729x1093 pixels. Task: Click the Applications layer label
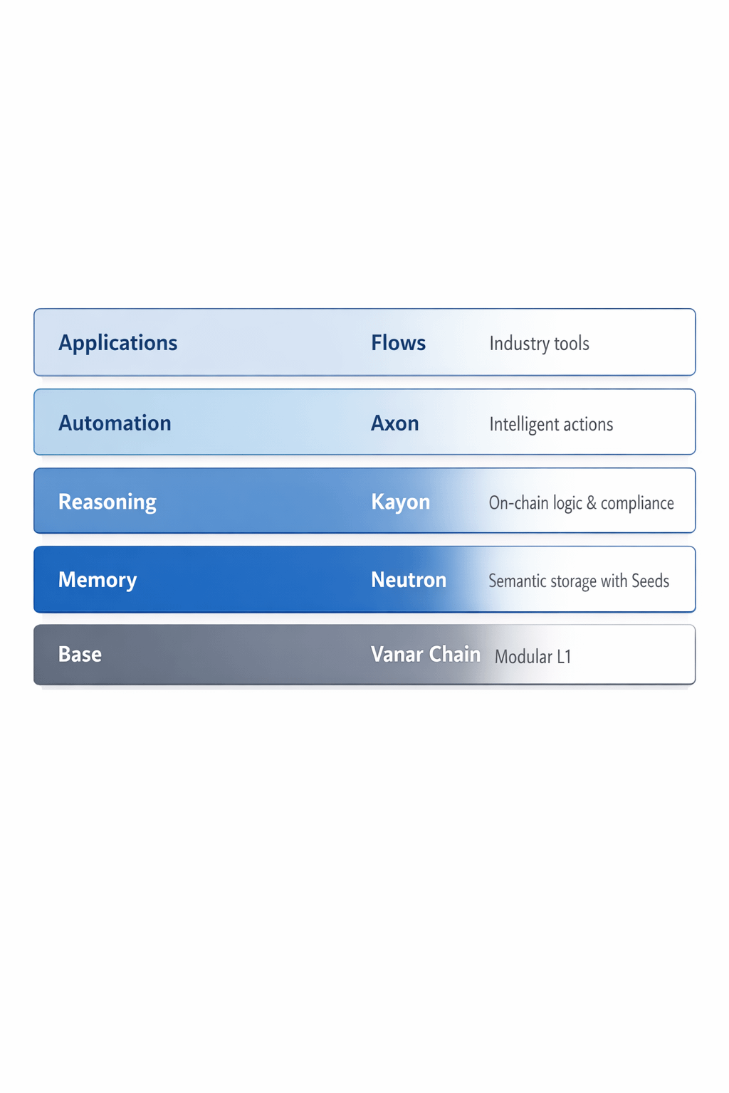coord(118,343)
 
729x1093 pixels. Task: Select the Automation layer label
coord(115,423)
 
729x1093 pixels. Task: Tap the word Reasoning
coord(107,502)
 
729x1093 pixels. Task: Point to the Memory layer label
coord(98,580)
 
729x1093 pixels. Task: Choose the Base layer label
coord(80,655)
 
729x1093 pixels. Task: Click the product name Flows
coord(398,343)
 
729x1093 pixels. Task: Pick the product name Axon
coord(394,423)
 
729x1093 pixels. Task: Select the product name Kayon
coord(400,502)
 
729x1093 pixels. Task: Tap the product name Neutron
coord(409,580)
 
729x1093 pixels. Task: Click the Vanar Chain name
coord(425,655)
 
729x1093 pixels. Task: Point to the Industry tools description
coord(539,344)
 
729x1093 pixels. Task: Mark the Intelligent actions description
coord(551,425)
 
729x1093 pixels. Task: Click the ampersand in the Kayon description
coord(591,504)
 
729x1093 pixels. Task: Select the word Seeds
coord(650,581)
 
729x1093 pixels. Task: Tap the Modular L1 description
coord(533,657)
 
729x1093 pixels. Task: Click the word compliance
coord(637,504)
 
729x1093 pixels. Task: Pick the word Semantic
coord(513,581)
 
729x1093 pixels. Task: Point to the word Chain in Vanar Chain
coord(455,655)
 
